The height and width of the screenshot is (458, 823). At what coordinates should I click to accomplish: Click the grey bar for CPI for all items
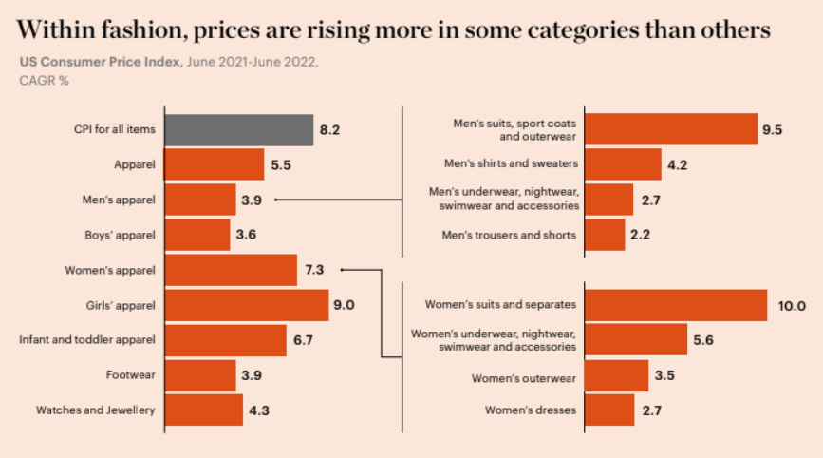tap(239, 130)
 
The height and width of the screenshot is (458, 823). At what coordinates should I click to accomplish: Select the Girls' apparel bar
tap(247, 305)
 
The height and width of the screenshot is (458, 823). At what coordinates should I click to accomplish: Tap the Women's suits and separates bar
tap(677, 305)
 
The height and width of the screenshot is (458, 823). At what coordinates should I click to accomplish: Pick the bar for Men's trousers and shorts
tap(606, 235)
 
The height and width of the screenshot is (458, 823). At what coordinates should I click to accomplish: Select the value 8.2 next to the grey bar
tap(329, 130)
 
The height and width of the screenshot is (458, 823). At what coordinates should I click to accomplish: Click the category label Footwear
tap(131, 375)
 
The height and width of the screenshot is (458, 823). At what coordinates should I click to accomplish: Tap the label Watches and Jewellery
tap(95, 410)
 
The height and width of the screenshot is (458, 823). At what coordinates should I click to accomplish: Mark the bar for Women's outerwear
tap(617, 376)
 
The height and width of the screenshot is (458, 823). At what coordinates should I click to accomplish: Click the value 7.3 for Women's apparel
tap(314, 270)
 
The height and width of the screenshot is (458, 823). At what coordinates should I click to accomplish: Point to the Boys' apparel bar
tap(197, 235)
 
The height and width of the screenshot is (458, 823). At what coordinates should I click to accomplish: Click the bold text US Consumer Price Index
tap(101, 62)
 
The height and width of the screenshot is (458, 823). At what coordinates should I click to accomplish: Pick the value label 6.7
tap(303, 340)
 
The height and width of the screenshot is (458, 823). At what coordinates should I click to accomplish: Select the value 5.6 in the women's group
tap(702, 340)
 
